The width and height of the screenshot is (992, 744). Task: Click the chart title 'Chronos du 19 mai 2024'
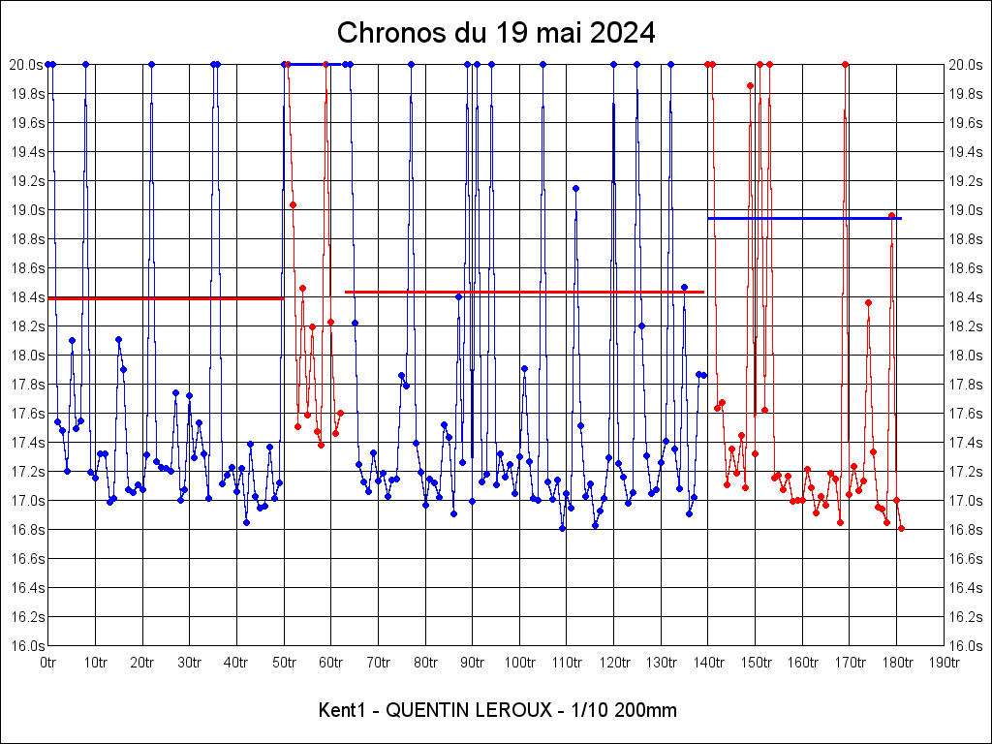[496, 33]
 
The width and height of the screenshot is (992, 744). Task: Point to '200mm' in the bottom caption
[648, 710]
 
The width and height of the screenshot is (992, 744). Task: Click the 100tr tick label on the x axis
[519, 663]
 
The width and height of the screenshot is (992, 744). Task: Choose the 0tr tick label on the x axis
[48, 663]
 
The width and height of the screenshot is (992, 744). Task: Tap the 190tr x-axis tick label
[944, 663]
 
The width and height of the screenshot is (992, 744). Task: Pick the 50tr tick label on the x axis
[284, 663]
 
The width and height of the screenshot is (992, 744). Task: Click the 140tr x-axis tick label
[708, 663]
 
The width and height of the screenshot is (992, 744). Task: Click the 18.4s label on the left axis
[26, 297]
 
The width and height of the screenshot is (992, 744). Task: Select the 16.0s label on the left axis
[26, 646]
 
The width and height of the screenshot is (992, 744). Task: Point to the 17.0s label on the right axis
[966, 501]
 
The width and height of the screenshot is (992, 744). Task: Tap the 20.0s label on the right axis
[966, 65]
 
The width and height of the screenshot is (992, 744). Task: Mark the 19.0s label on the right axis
[966, 210]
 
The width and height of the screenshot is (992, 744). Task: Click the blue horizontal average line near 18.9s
[804, 219]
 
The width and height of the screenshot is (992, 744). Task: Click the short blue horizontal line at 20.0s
[308, 64]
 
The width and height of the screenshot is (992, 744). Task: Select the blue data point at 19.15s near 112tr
[575, 188]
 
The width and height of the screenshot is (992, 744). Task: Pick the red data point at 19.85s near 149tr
[750, 85]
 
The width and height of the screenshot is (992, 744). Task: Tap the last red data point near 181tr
[901, 528]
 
